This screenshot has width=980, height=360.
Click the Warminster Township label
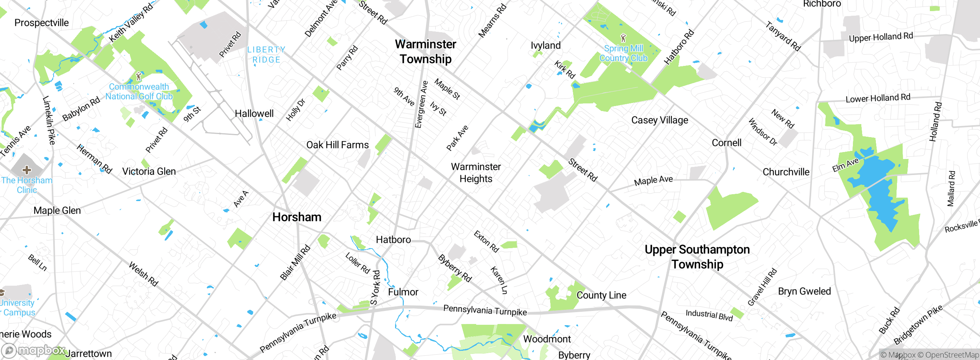coord(426,52)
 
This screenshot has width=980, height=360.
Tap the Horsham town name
coord(297,217)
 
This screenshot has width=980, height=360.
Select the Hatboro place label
coord(393,240)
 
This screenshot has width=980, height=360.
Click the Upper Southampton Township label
coord(697,257)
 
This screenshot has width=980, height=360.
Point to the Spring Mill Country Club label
coord(624,53)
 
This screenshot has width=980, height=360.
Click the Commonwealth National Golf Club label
coord(139,92)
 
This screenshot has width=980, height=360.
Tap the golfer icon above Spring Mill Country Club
coord(623,38)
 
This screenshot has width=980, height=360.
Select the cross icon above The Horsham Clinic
coord(27,170)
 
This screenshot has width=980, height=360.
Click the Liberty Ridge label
coord(266,55)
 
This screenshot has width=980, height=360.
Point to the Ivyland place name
coord(546,46)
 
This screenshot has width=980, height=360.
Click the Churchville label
coord(786,172)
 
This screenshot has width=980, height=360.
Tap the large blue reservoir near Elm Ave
coord(880,191)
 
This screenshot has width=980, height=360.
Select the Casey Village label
coord(660,120)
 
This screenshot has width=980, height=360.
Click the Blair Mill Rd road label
coord(295,263)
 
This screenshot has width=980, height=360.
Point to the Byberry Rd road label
coord(455,268)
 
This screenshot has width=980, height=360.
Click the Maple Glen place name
coord(57,211)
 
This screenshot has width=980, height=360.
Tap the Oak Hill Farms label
coord(337,145)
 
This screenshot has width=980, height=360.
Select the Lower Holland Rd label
coord(878,98)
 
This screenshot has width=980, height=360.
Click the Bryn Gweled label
coord(804,291)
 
